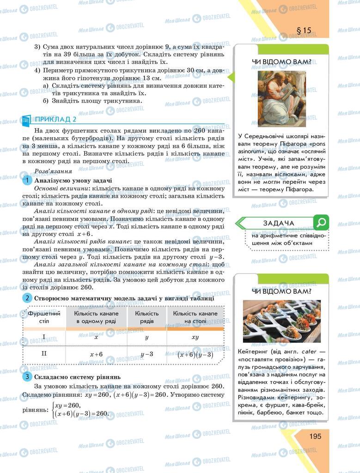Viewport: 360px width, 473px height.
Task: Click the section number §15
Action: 304,30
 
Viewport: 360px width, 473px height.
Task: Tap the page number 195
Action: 309,436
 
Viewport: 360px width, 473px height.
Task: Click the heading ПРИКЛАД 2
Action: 56,119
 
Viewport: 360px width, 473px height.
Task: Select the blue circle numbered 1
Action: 28,181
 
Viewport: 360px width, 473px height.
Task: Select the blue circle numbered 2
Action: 28,298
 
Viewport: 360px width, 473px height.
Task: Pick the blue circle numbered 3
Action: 28,377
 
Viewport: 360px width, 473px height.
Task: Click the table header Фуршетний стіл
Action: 44,317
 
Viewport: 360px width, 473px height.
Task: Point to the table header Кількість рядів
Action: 147,317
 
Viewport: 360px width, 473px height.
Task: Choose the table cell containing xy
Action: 195,337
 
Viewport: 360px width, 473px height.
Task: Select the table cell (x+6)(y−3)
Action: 195,354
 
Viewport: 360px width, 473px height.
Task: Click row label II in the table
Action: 44,353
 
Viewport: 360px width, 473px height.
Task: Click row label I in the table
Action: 44,337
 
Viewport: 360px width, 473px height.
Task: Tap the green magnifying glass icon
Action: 320,222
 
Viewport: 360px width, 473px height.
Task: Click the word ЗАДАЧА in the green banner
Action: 279,223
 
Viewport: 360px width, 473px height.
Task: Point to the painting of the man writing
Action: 281,98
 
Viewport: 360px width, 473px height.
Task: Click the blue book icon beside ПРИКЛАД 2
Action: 26,120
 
